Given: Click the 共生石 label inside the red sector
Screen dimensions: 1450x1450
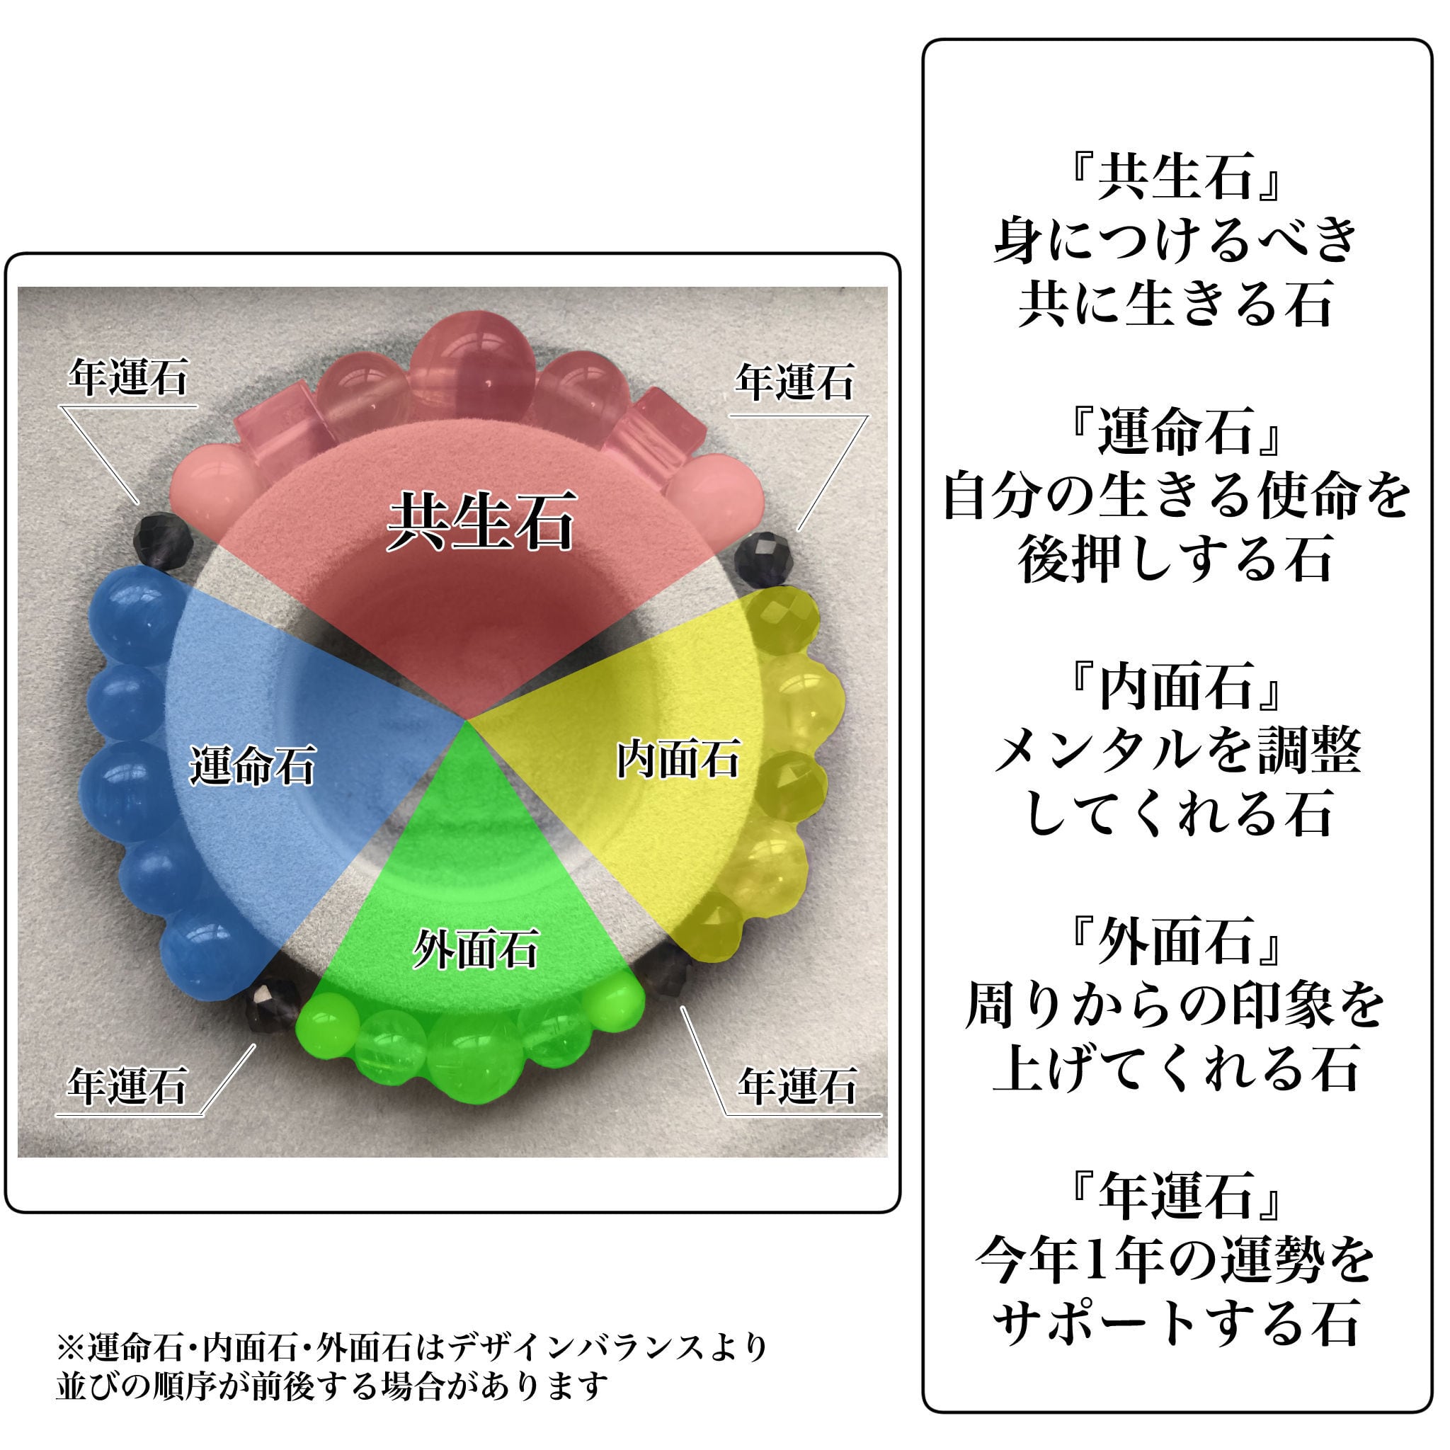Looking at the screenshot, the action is [481, 521].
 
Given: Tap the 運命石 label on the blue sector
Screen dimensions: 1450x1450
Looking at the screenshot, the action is [252, 765].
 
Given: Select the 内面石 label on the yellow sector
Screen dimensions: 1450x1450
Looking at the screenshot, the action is [678, 758].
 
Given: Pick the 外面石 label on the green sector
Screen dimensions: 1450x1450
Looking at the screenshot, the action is [476, 949].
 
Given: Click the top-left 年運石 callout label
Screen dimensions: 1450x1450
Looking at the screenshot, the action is [127, 377].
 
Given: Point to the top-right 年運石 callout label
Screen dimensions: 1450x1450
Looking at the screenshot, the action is [794, 383].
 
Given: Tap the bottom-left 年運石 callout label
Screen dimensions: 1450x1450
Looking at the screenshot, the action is [126, 1086].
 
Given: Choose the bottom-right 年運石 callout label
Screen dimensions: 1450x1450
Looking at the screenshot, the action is [797, 1086].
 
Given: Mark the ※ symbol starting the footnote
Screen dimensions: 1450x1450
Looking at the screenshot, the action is [71, 1347].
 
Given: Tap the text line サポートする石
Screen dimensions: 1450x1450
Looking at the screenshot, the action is [1175, 1323].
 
